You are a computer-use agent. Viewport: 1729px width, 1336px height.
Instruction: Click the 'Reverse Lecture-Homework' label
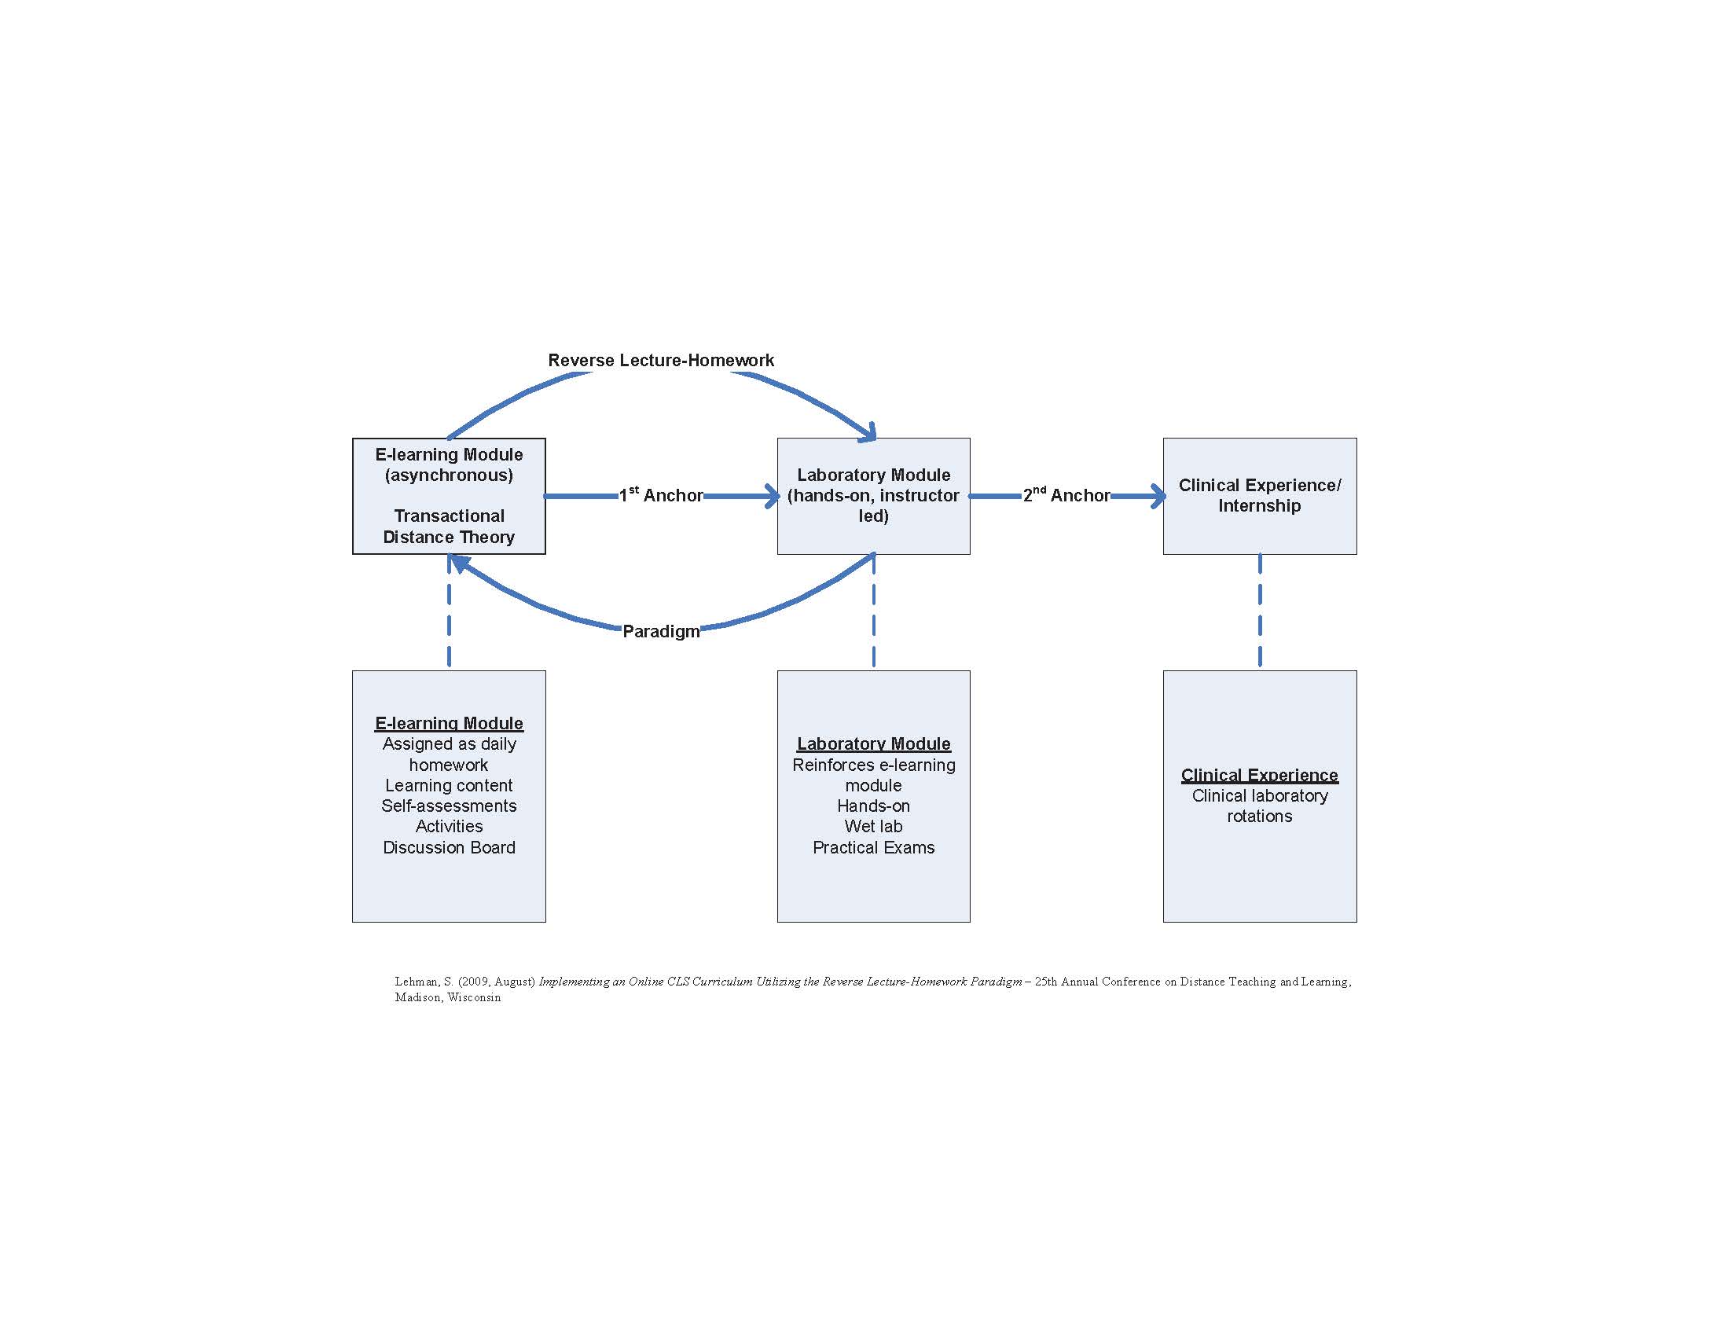[660, 360]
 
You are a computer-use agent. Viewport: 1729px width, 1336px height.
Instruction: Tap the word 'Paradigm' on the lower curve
[660, 631]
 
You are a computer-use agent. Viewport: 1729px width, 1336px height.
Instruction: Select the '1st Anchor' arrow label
[660, 494]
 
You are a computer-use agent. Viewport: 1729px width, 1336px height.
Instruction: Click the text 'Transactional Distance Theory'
[448, 527]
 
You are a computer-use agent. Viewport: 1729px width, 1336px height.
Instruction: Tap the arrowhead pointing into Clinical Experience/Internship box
[1158, 496]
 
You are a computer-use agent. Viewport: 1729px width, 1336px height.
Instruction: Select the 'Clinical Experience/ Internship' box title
[1259, 494]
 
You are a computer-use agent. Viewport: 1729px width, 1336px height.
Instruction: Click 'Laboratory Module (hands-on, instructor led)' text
[872, 494]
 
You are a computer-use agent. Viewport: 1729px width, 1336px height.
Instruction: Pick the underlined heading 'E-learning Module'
[448, 722]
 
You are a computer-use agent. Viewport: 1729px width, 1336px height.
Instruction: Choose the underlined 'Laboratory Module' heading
[872, 743]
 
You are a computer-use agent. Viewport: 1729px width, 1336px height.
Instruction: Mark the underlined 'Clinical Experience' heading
[1259, 775]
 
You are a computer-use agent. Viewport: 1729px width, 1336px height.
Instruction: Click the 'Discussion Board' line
[448, 847]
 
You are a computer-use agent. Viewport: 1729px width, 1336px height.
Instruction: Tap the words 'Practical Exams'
[872, 847]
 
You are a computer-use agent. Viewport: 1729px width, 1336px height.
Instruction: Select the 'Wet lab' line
[872, 826]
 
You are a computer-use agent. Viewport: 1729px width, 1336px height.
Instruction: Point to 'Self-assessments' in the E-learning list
[448, 806]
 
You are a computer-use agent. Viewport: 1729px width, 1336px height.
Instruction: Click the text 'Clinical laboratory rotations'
[1259, 806]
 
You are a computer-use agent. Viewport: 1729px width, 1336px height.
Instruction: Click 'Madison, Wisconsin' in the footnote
[447, 997]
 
